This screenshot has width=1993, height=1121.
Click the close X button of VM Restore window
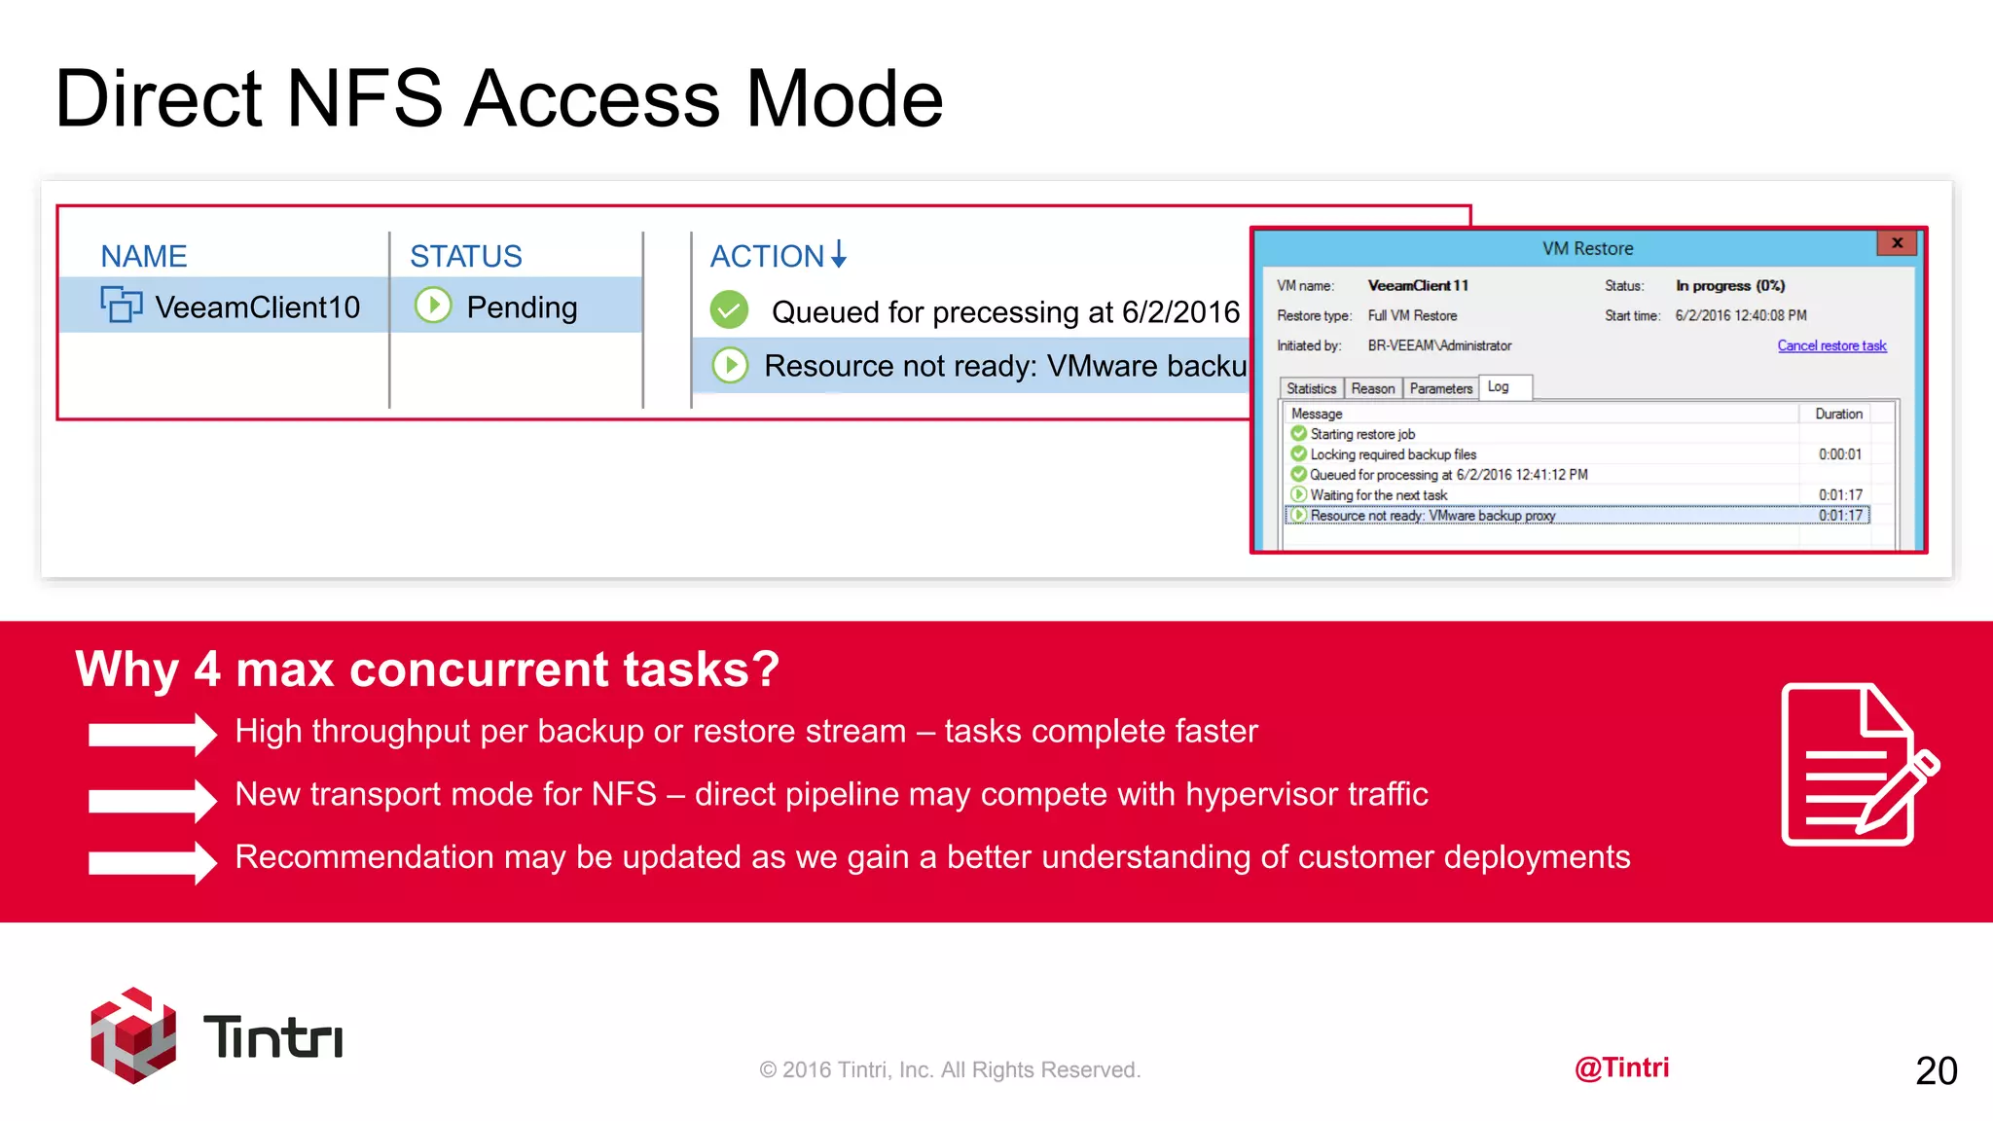pyautogui.click(x=1897, y=243)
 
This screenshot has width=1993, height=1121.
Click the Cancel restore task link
pyautogui.click(x=1831, y=345)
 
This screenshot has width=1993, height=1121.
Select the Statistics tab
pyautogui.click(x=1311, y=388)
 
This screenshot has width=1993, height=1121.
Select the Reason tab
pyautogui.click(x=1372, y=388)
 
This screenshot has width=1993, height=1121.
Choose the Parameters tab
pyautogui.click(x=1440, y=388)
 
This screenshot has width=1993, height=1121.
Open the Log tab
pyautogui.click(x=1499, y=386)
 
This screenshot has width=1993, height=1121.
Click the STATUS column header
pyautogui.click(x=466, y=256)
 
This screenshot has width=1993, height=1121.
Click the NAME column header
pyautogui.click(x=144, y=256)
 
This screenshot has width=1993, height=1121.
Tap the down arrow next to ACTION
pyautogui.click(x=839, y=255)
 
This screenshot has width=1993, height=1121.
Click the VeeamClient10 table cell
pyautogui.click(x=257, y=307)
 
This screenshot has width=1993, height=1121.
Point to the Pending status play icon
pyautogui.click(x=433, y=306)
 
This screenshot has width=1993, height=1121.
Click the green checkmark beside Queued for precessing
pyautogui.click(x=729, y=310)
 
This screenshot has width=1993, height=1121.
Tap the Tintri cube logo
pyautogui.click(x=133, y=1035)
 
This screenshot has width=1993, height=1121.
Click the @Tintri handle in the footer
pyautogui.click(x=1621, y=1067)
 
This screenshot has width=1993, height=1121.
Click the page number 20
pyautogui.click(x=1936, y=1070)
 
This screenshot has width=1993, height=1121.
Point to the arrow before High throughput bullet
pyautogui.click(x=152, y=734)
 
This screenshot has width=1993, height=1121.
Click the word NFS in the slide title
pyautogui.click(x=365, y=98)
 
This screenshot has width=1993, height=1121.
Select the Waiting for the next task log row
pyautogui.click(x=1378, y=495)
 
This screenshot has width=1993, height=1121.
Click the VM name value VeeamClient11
pyautogui.click(x=1418, y=285)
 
